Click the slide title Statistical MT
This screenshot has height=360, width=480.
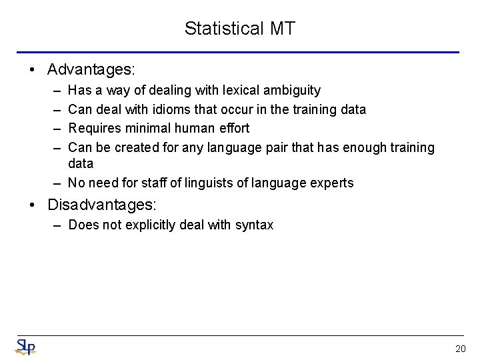(x=240, y=29)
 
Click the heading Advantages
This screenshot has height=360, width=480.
(x=91, y=69)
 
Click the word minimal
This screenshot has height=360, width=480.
(x=144, y=128)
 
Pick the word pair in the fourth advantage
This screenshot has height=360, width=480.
(x=291, y=147)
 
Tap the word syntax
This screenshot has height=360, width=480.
(x=254, y=225)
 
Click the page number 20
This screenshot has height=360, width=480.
(x=460, y=348)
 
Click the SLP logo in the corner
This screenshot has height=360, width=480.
(x=25, y=347)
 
